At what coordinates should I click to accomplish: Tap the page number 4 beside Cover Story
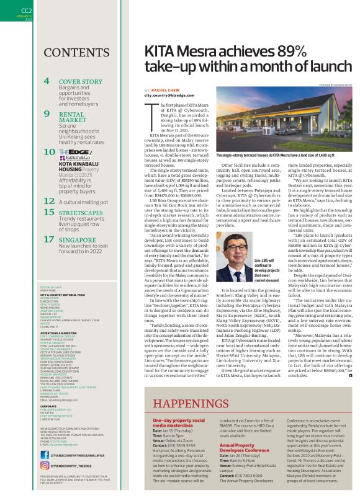click(47, 81)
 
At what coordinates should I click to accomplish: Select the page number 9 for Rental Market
click(47, 114)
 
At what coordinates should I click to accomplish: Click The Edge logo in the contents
click(71, 153)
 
